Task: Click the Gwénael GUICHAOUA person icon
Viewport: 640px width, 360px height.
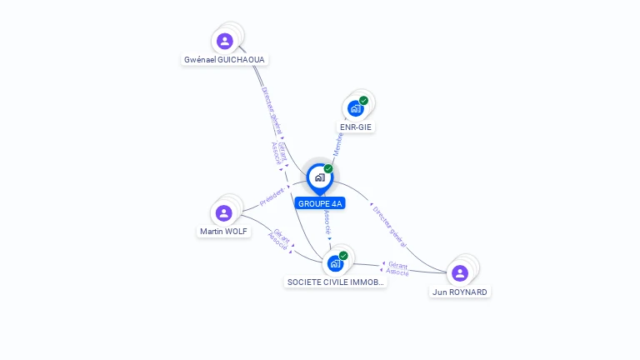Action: [224, 41]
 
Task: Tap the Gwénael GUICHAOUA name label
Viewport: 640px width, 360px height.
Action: [224, 60]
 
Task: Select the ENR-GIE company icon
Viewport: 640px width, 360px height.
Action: [355, 108]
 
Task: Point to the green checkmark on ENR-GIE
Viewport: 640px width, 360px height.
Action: [363, 101]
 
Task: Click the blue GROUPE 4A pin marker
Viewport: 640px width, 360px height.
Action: [319, 177]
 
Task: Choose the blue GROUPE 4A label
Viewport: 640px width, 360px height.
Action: [320, 203]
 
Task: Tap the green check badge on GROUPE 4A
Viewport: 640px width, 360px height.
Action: [328, 169]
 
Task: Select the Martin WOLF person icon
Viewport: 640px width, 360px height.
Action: [223, 212]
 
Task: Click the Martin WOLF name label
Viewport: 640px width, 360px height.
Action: [223, 231]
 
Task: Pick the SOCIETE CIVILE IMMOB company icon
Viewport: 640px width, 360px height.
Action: [335, 263]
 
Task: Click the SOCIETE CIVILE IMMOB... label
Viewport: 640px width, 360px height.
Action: [336, 282]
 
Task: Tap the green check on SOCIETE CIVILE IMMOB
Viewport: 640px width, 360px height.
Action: [343, 256]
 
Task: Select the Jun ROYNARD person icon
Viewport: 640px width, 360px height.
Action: [459, 272]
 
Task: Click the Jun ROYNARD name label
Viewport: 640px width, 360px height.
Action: [460, 292]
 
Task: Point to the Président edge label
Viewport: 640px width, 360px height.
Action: [272, 197]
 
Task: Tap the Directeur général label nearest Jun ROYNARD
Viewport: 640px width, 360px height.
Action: [389, 226]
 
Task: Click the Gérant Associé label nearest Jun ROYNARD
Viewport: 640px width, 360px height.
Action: [397, 267]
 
